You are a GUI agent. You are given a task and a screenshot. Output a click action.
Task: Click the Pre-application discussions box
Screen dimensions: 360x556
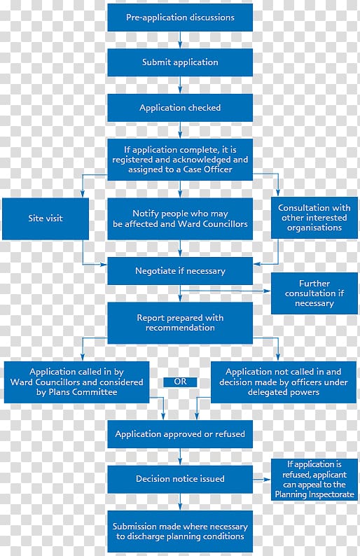pos(180,18)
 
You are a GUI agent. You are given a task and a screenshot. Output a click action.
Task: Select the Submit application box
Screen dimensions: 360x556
pos(180,62)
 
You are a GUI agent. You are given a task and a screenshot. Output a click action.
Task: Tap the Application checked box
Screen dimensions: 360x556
pos(180,107)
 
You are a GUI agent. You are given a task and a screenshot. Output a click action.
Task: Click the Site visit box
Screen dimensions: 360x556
pos(46,218)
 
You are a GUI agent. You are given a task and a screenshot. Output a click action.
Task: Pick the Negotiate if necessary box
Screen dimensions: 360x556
pos(180,271)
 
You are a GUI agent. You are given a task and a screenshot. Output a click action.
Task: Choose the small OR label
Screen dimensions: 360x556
pos(180,382)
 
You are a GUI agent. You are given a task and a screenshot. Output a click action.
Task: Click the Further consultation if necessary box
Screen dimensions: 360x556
pos(314,293)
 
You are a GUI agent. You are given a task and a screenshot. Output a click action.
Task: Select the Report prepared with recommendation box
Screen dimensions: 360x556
pos(180,323)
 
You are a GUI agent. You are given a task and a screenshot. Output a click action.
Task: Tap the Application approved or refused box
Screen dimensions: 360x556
pos(180,434)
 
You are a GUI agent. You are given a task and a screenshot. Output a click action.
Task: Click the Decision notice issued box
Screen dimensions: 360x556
pos(180,479)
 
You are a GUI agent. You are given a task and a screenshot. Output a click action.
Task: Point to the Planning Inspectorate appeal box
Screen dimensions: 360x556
pos(314,480)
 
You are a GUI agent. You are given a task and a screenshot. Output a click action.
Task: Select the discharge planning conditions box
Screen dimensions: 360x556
pos(180,531)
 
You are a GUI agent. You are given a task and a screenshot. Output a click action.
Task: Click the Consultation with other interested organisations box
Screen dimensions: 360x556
pos(314,218)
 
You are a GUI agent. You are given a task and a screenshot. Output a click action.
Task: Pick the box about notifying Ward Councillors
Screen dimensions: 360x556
pos(180,218)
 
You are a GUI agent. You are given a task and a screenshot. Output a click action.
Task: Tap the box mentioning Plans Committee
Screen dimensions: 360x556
pos(76,382)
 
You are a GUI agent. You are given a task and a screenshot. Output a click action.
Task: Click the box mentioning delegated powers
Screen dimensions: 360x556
pos(284,382)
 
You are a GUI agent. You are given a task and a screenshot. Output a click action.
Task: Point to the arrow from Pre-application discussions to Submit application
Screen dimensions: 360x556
pos(180,40)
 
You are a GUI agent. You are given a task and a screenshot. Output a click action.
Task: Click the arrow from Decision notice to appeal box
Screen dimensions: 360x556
pos(262,480)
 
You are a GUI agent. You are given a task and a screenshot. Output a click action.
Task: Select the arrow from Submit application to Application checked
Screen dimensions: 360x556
pos(180,85)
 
